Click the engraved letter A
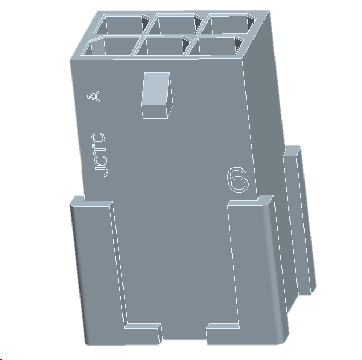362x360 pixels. point(94,96)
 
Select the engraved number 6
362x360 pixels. point(238,179)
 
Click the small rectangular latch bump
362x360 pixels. point(156,95)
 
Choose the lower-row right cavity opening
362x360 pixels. point(215,46)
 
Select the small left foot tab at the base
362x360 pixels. point(142,333)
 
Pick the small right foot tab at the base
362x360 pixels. point(223,333)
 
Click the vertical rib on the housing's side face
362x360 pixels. point(298,220)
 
